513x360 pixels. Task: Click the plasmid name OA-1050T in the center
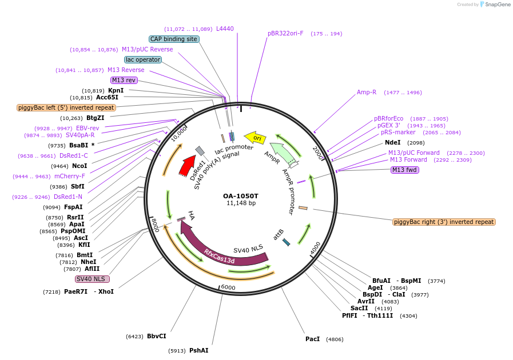241,196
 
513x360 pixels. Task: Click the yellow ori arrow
255,138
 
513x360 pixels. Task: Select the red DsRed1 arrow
187,165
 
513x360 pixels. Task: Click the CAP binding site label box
174,39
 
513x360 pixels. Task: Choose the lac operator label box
143,59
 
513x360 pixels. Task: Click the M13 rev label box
124,80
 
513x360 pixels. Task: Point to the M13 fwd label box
404,170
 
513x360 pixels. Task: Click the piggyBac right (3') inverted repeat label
444,222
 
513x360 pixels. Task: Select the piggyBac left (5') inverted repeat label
66,107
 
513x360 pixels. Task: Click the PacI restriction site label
312,339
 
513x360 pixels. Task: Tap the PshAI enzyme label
199,350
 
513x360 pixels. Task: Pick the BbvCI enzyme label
156,336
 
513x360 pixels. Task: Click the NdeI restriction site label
393,142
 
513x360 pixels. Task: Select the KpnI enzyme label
116,90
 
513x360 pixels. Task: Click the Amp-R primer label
367,92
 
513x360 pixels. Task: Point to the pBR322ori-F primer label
285,33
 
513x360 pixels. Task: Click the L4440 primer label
225,29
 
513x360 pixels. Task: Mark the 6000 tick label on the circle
228,287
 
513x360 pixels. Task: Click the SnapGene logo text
495,4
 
